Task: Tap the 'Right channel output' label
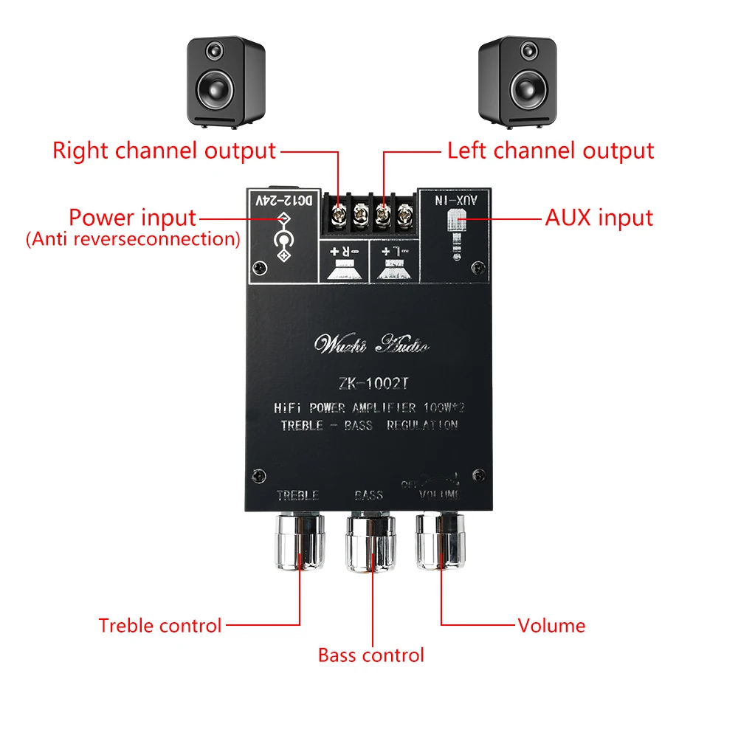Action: [164, 151]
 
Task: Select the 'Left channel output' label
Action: [551, 151]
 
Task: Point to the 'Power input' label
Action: [133, 218]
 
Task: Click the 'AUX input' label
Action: [599, 218]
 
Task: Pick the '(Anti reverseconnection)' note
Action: [133, 239]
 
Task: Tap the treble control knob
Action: [300, 542]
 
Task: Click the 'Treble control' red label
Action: [160, 626]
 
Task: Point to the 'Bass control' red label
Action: [371, 655]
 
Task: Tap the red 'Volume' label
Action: [551, 626]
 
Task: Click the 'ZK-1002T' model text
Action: [371, 383]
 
